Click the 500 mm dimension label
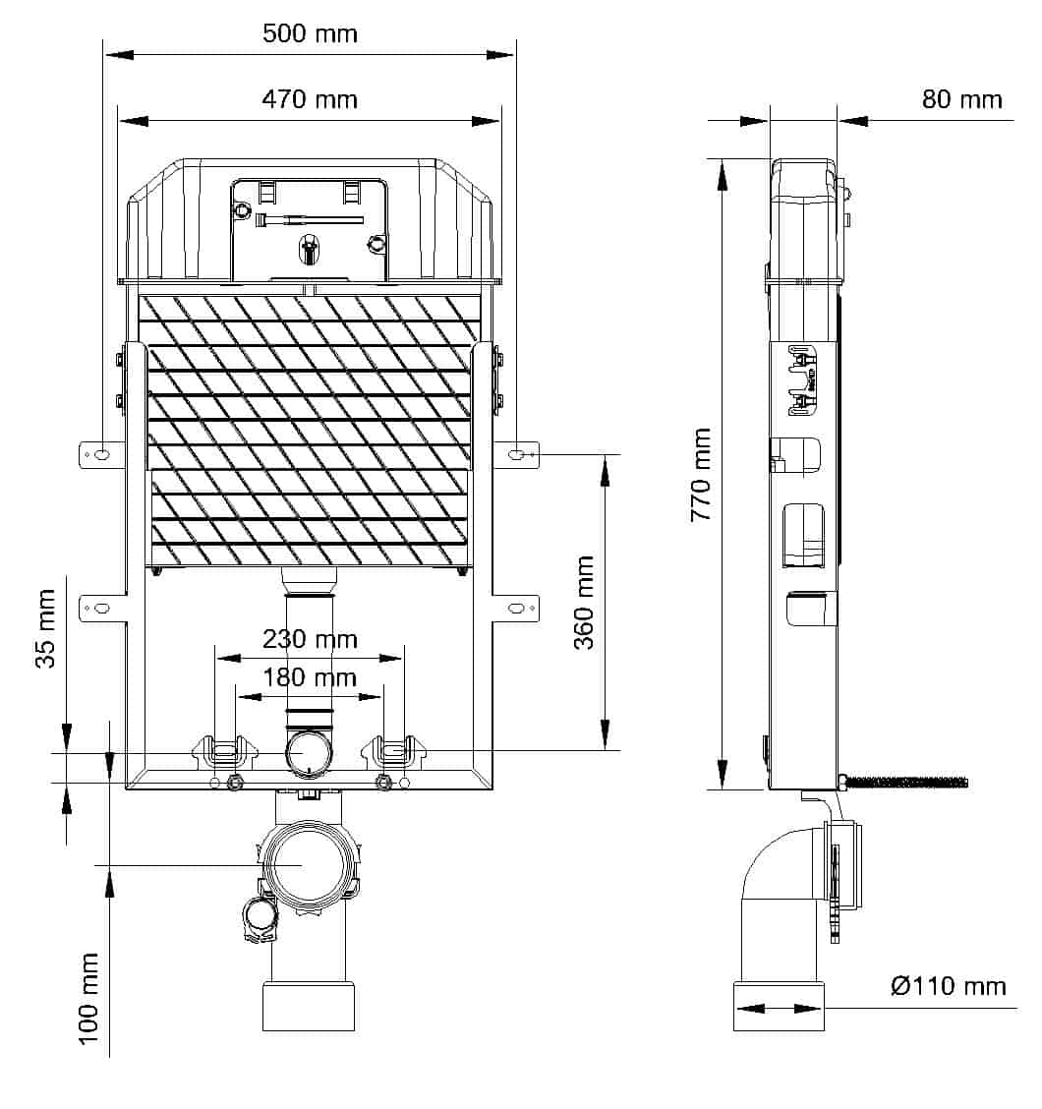(x=310, y=33)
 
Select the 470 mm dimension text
(x=310, y=99)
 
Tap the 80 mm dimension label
(x=962, y=99)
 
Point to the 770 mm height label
(x=701, y=475)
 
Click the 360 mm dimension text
(x=584, y=603)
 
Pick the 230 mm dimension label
(x=310, y=639)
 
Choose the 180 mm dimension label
(x=310, y=677)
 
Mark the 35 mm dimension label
(x=45, y=629)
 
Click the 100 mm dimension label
(x=87, y=999)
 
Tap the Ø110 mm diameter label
(x=949, y=986)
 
